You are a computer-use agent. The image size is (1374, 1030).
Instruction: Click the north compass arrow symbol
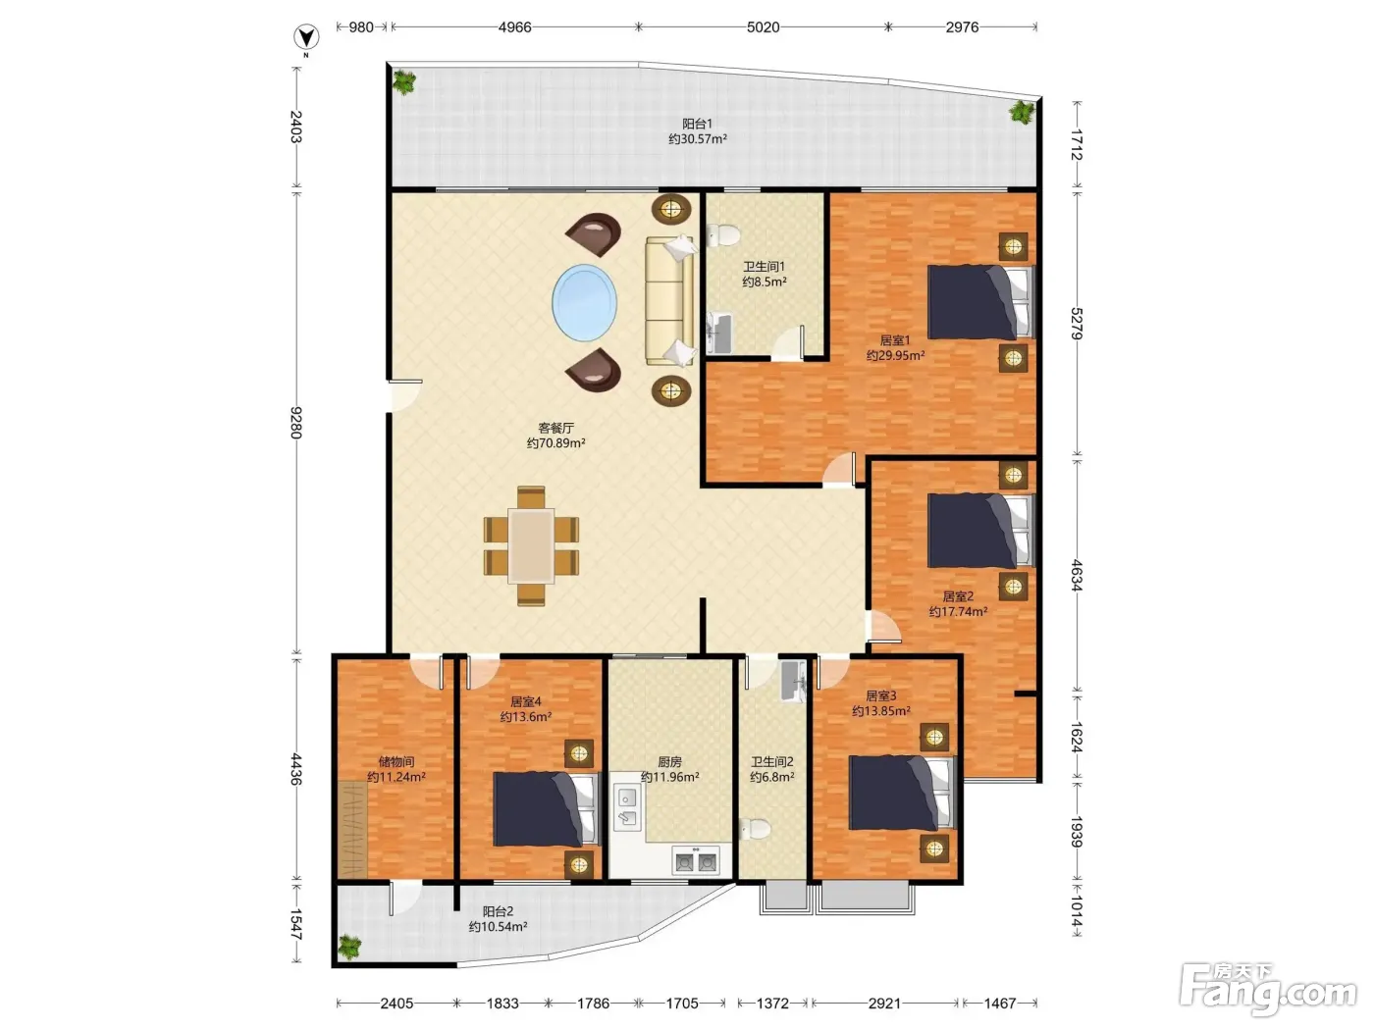306,37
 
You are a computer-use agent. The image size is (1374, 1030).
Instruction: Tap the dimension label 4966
514,27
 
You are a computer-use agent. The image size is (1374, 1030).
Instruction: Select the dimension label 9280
296,422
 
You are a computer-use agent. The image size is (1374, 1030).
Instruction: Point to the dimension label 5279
1076,324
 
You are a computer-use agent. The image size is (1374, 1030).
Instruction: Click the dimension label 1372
772,1004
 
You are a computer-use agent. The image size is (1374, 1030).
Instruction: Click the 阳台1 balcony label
698,124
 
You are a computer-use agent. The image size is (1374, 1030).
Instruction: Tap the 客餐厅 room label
555,428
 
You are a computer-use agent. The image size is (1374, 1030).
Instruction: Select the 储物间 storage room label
396,762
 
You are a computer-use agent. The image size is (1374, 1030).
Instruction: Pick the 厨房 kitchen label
669,762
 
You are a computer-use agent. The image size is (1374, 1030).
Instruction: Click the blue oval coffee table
584,303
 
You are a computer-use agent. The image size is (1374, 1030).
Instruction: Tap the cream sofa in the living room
670,301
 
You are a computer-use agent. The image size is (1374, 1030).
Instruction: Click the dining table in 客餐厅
531,546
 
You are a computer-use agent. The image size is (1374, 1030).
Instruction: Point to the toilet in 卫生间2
755,829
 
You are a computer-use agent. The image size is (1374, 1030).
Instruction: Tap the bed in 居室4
546,808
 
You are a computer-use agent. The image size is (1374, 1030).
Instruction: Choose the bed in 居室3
902,793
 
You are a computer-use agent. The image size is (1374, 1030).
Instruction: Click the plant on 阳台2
349,948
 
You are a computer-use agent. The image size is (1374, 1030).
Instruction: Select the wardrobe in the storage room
353,829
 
